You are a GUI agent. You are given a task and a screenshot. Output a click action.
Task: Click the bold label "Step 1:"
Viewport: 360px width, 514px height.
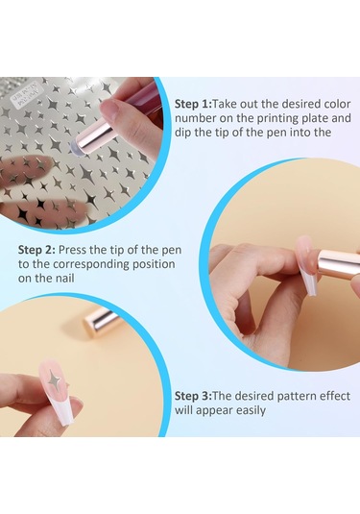click(193, 104)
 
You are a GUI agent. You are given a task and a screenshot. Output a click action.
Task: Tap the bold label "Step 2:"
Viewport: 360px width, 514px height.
click(36, 250)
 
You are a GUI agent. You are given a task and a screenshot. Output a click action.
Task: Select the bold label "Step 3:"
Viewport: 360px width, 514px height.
click(193, 396)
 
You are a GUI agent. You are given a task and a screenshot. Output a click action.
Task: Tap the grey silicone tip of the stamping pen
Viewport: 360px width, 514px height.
click(76, 150)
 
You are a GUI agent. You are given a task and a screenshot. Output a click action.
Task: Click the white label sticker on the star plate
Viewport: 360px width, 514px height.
click(26, 93)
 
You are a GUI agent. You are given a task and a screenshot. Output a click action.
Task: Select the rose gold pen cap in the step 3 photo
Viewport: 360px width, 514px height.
click(102, 320)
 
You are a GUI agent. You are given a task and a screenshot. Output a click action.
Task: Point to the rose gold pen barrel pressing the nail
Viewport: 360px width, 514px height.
click(338, 264)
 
